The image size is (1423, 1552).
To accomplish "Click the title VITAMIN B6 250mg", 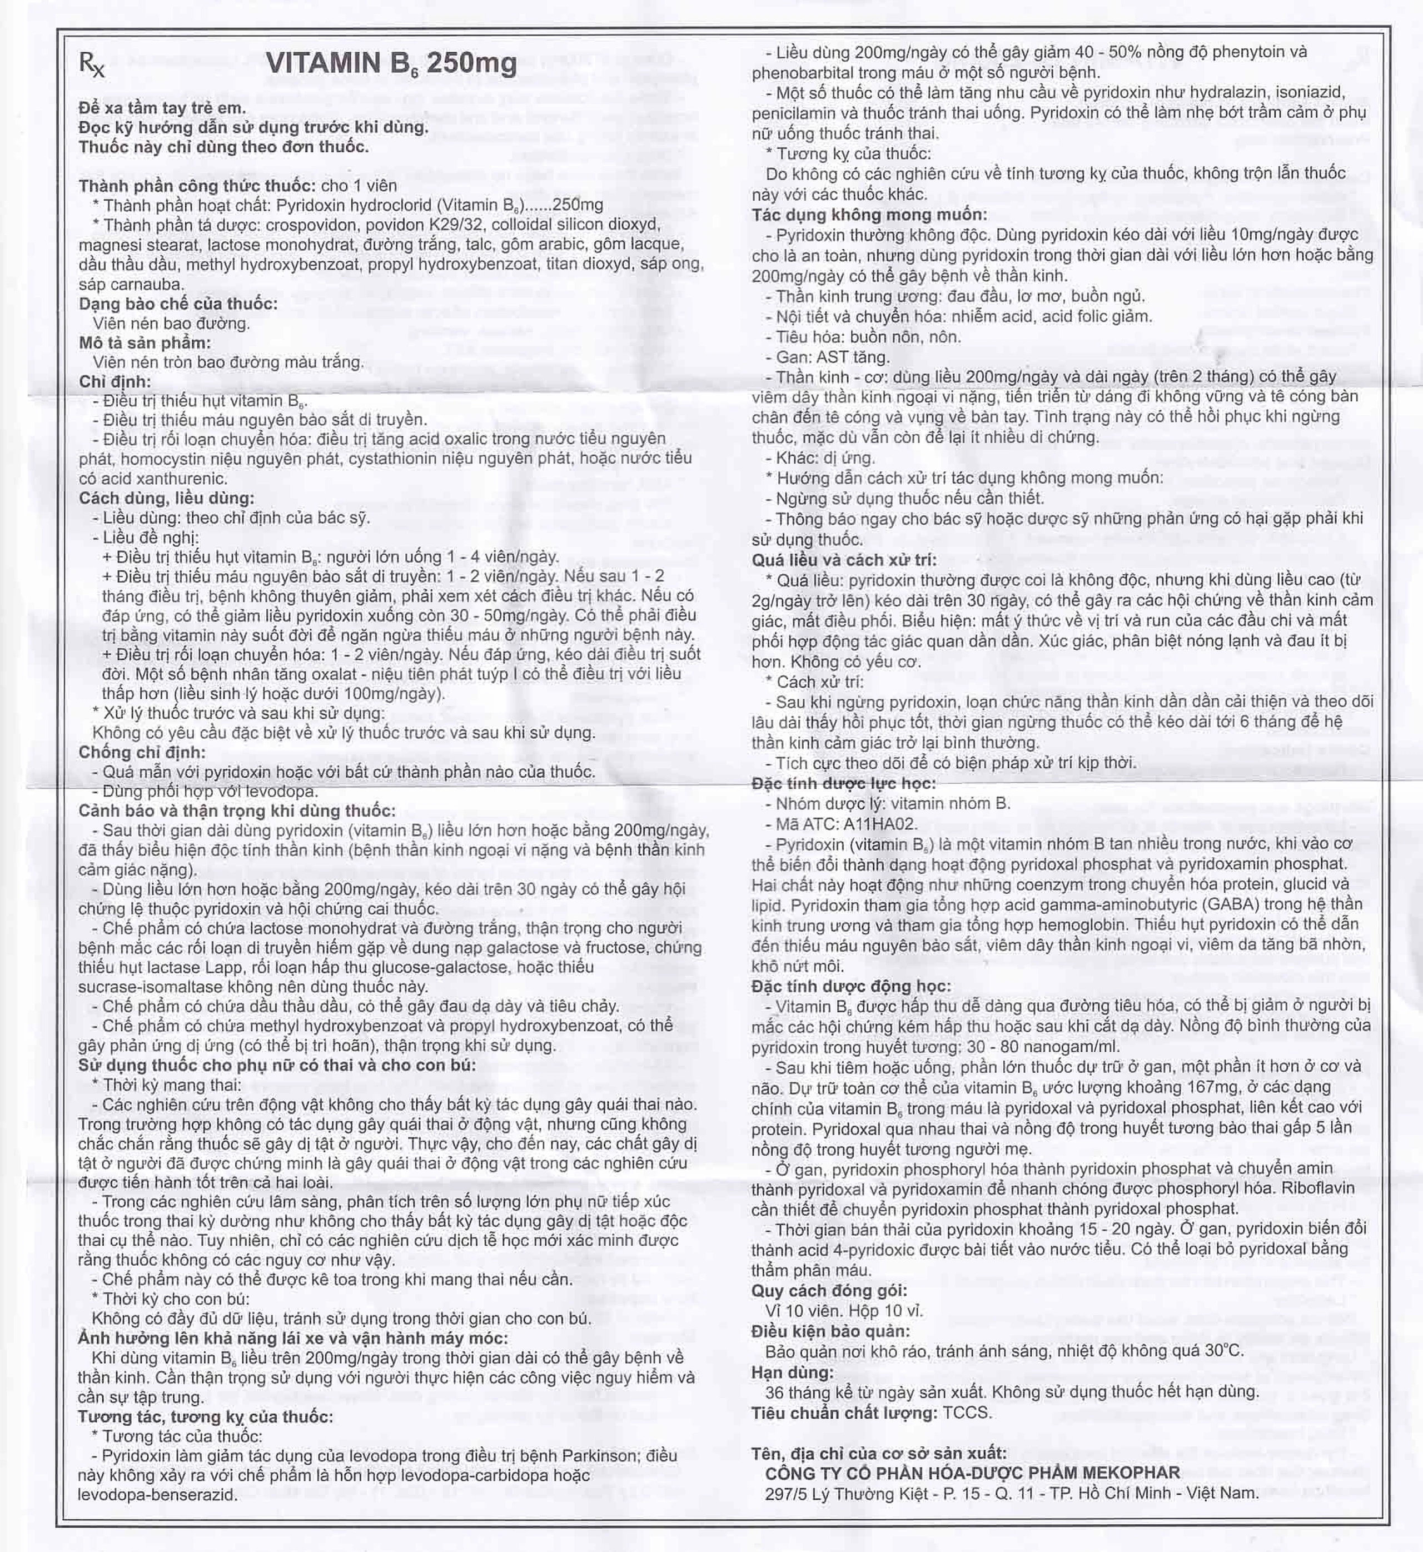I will point(391,63).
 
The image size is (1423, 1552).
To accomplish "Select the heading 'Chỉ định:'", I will point(115,381).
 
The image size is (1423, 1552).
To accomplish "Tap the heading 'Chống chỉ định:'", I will point(142,752).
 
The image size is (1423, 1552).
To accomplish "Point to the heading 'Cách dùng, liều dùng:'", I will point(166,498).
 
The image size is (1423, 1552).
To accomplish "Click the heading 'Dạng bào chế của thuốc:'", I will point(178,304).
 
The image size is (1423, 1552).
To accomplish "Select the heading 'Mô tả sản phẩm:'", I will point(145,342).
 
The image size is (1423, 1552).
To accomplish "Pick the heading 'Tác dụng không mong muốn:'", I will point(869,215).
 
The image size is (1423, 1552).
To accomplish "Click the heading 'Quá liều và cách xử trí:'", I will point(844,560).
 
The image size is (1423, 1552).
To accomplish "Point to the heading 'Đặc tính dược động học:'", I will point(851,986).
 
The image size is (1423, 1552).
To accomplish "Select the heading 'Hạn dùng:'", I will point(792,1372).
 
